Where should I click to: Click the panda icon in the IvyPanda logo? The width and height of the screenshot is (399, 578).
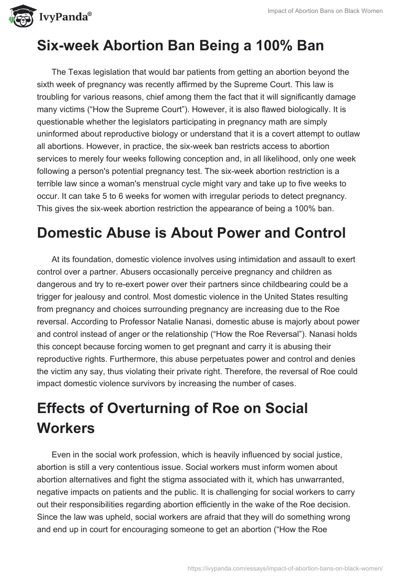(19, 16)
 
